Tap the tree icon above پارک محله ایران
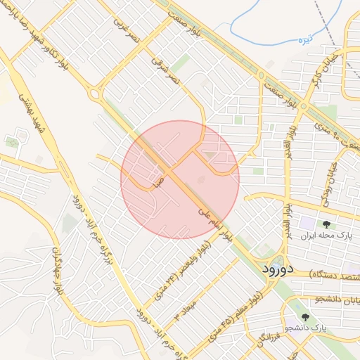[327, 224]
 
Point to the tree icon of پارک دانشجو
[304, 317]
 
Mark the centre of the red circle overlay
[180, 179]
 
